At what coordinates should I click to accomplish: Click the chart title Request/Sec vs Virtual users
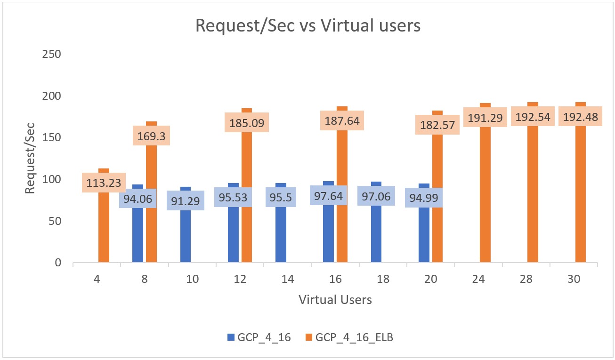coord(307,26)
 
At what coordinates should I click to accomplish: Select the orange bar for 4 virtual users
coord(104,226)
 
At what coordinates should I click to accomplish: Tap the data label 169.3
coord(151,136)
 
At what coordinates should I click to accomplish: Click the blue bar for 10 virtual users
coord(186,235)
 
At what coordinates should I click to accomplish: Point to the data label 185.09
coord(247,122)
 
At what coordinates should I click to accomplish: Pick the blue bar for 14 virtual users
coord(281,235)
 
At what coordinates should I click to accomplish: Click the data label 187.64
coord(342,120)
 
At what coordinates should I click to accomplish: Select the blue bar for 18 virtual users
coord(376,235)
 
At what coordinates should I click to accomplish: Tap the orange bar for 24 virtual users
coord(485,198)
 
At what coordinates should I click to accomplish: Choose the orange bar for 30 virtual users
coord(581,198)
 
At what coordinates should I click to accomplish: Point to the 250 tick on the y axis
coord(52,54)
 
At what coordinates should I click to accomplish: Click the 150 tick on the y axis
coord(52,137)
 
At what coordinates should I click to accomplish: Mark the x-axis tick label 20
coord(430,279)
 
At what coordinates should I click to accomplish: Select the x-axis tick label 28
coord(526,279)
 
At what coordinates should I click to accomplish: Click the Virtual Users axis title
coord(335,299)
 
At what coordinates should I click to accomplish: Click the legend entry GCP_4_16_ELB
coord(354,337)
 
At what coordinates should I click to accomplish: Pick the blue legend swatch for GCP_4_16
coord(230,337)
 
